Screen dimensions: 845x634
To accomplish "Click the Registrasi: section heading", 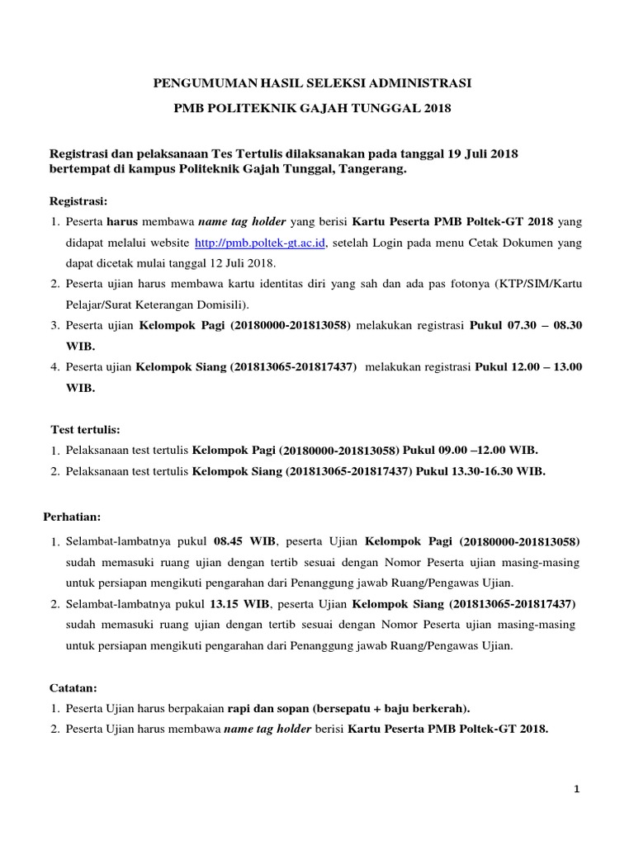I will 78,201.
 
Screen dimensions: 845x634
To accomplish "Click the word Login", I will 410,243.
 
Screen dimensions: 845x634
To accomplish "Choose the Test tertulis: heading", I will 85,430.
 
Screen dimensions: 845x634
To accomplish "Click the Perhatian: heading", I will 72,517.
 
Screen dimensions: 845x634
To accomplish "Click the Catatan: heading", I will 73,687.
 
